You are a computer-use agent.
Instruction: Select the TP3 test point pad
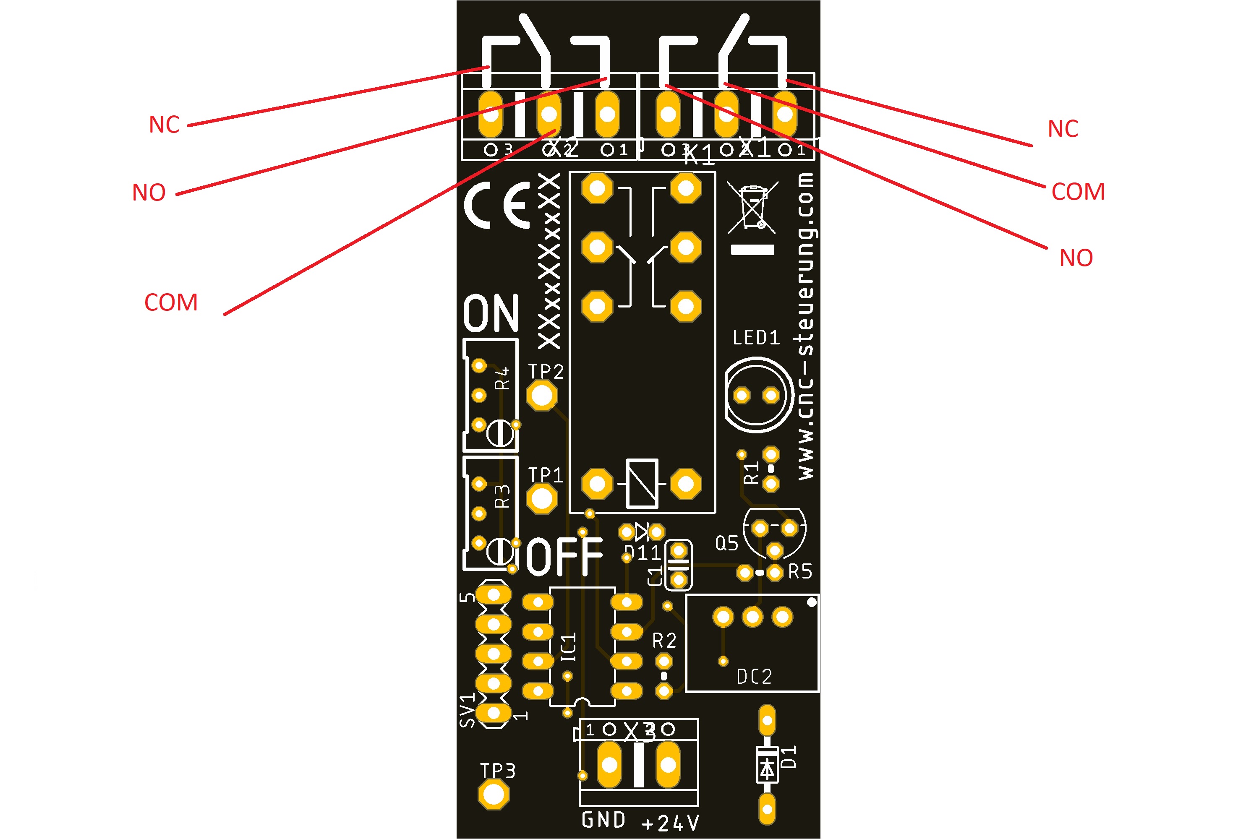[x=494, y=794]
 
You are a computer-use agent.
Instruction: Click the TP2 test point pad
[x=542, y=396]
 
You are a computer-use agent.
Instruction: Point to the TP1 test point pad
[x=542, y=499]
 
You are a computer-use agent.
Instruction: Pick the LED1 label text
[x=756, y=338]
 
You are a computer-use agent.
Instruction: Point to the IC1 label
[x=569, y=647]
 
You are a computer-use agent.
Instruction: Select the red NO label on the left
[x=149, y=193]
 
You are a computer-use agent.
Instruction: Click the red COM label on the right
[x=1078, y=192]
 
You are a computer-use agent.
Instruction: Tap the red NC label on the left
[x=164, y=125]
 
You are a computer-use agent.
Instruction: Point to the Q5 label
[x=726, y=544]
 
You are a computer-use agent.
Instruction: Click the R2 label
[x=664, y=641]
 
